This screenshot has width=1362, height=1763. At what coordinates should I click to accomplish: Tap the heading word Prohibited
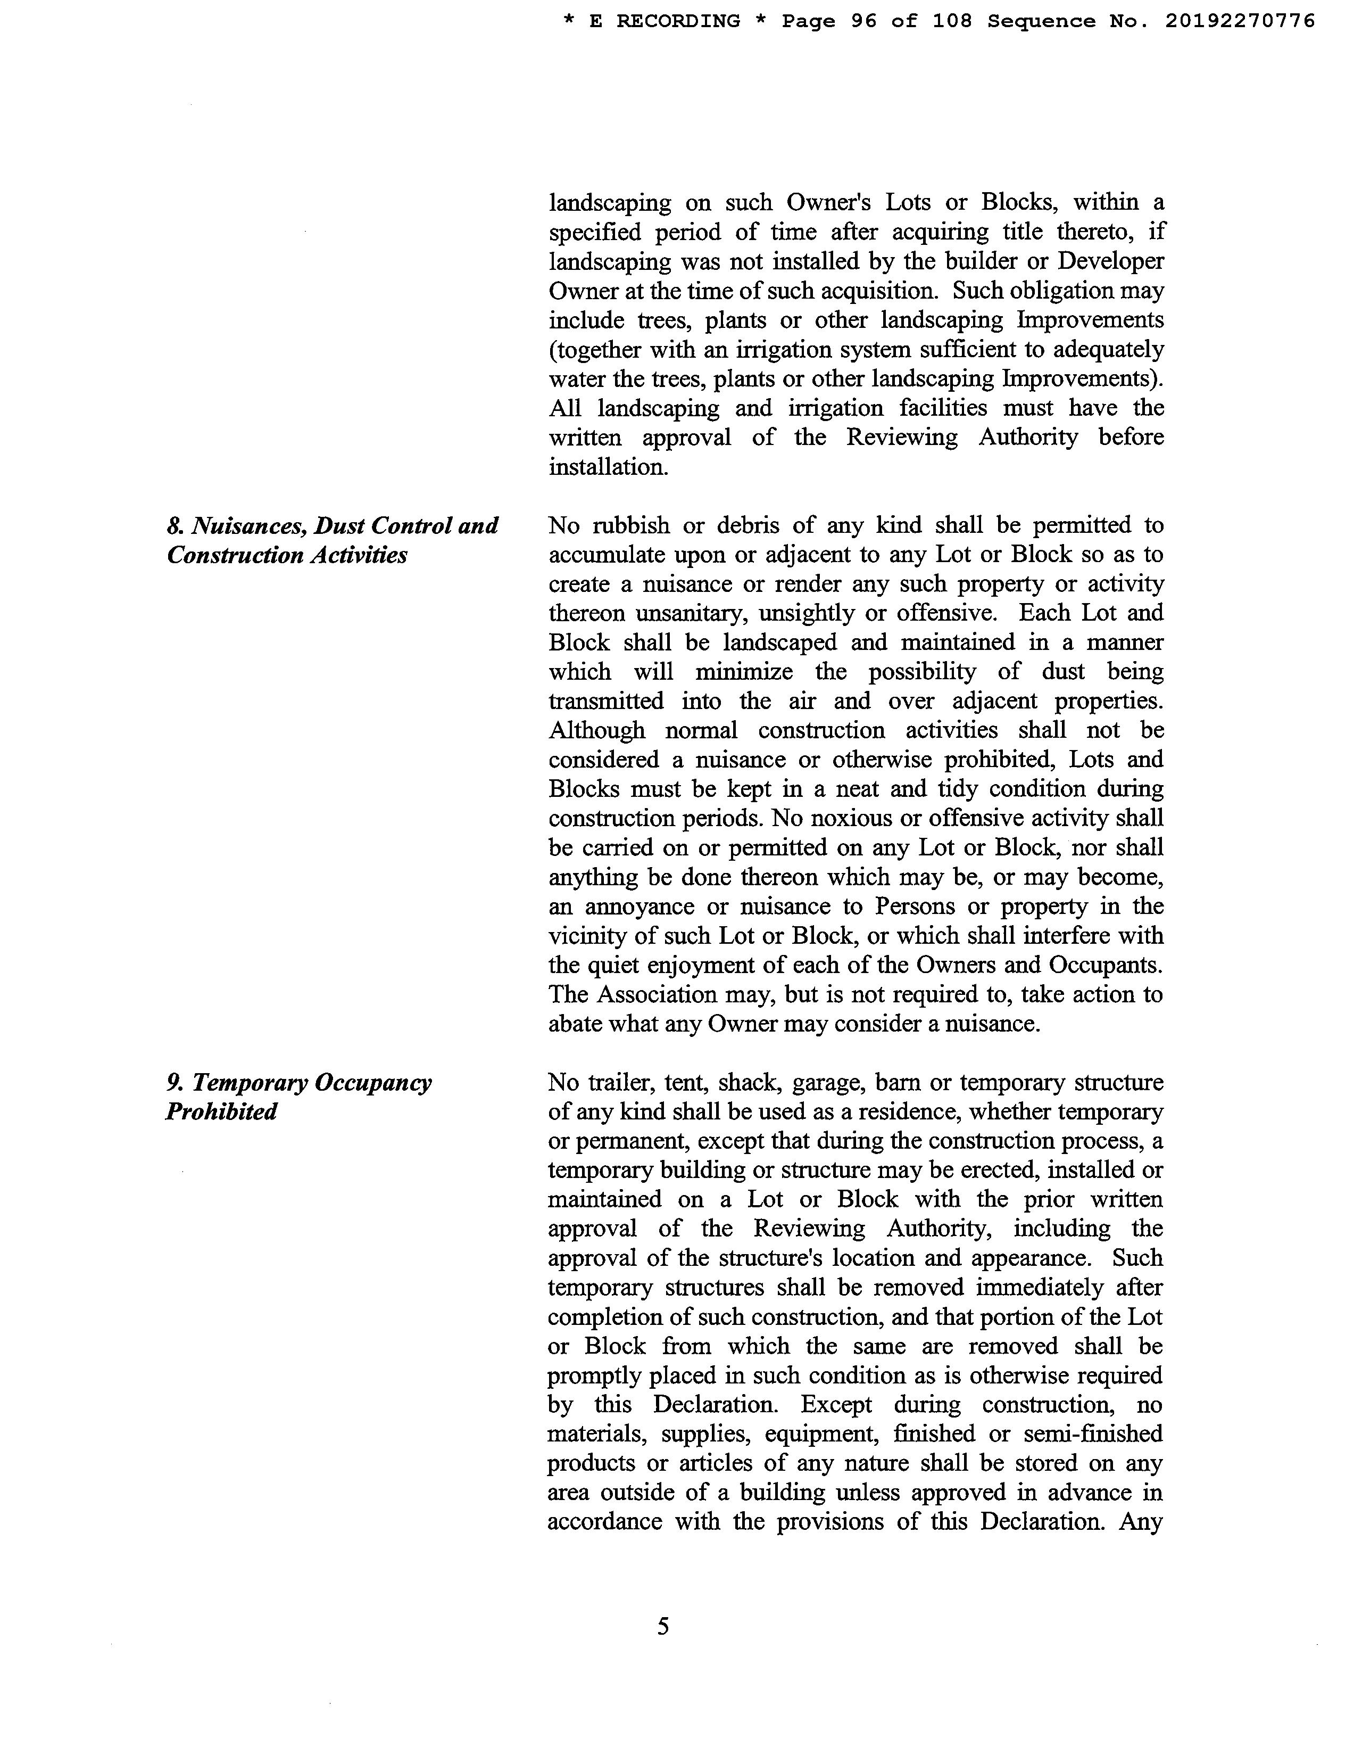point(221,1111)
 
